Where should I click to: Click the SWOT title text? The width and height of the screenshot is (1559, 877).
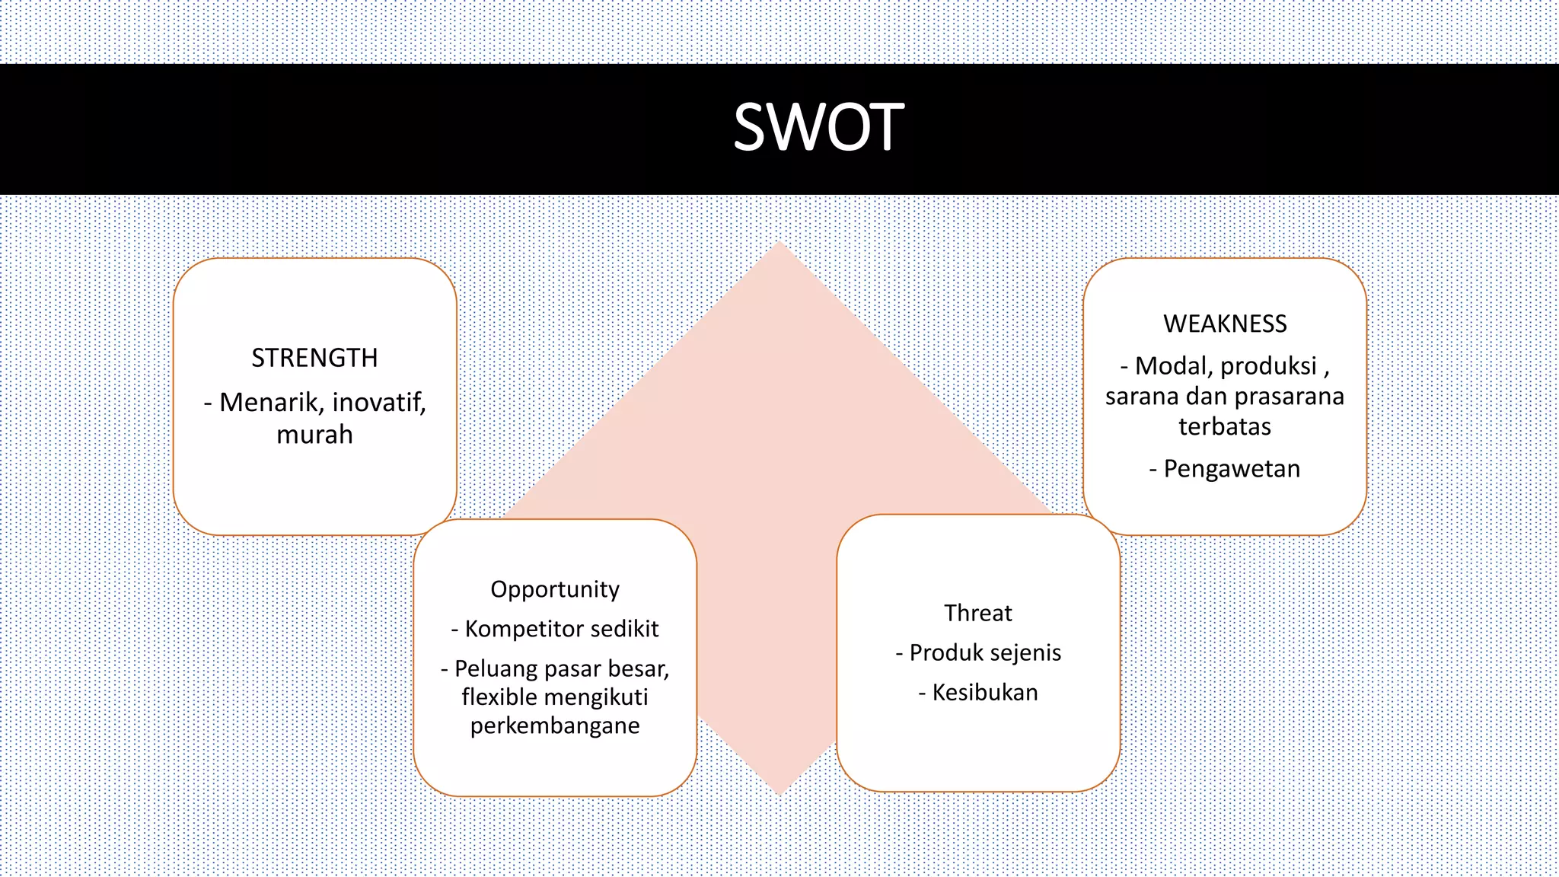(818, 128)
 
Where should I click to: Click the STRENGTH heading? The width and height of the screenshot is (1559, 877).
(314, 358)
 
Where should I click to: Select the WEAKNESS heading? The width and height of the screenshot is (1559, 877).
(1225, 324)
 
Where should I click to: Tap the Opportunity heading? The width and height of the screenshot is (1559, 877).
(555, 589)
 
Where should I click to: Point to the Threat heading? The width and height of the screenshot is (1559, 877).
(978, 613)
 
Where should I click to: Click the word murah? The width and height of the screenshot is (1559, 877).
(314, 435)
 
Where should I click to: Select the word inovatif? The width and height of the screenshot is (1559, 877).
(378, 402)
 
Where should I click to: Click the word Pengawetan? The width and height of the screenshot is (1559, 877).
(1232, 469)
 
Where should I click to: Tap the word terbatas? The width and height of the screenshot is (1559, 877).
(1225, 426)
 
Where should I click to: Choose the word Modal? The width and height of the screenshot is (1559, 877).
(1173, 366)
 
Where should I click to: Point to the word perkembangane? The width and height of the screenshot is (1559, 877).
(555, 726)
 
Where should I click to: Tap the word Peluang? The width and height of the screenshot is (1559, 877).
(496, 668)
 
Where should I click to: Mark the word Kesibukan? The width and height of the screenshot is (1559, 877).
(985, 693)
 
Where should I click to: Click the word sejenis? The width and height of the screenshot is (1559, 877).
(1027, 652)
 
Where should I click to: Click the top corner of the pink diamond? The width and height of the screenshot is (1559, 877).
(779, 245)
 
